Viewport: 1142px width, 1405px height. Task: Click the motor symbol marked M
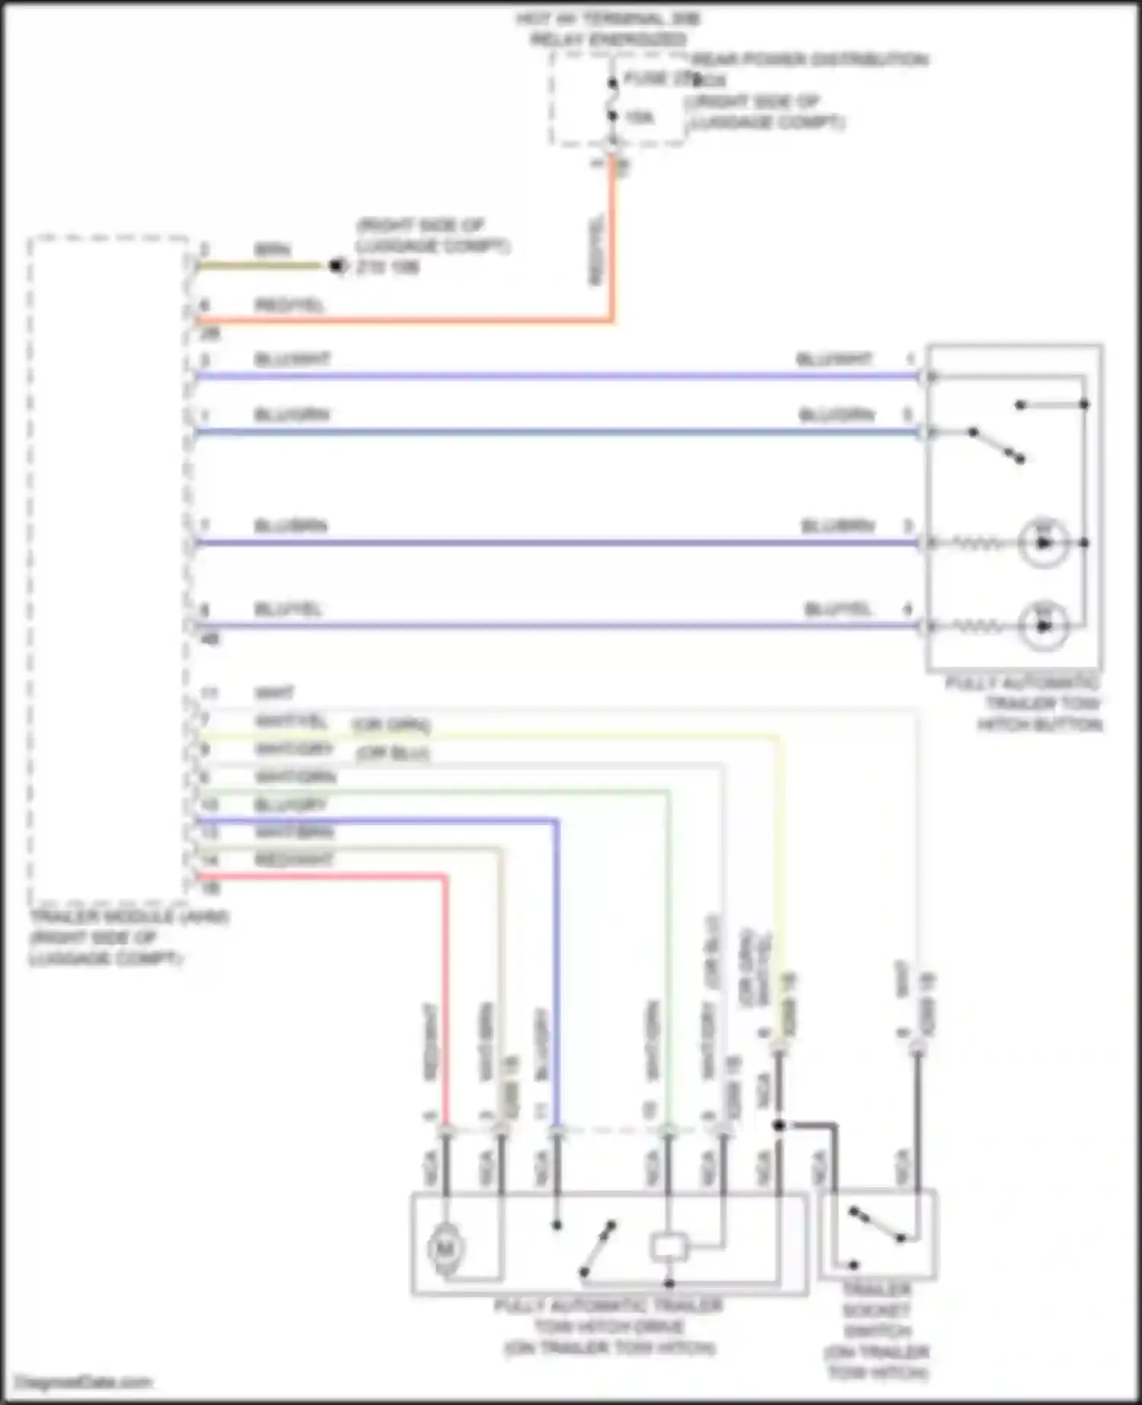(x=445, y=1248)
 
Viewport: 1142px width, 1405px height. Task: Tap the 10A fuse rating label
(x=640, y=118)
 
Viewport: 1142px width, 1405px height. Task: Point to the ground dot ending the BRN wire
(x=337, y=266)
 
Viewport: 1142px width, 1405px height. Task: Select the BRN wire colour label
(x=272, y=250)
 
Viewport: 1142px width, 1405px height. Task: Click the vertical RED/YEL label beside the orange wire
(x=596, y=251)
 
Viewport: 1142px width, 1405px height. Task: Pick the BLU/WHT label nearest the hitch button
(x=834, y=359)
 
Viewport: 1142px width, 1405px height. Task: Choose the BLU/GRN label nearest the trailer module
(x=292, y=415)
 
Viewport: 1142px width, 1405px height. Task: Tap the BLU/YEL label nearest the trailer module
(x=288, y=609)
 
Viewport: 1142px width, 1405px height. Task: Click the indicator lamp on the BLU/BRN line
(x=1043, y=543)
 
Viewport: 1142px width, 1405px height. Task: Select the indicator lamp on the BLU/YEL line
(x=1043, y=626)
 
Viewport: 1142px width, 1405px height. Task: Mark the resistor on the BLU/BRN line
(x=978, y=543)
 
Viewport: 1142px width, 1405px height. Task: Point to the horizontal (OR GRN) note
(x=391, y=725)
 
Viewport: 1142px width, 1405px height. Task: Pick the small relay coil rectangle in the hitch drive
(x=668, y=1247)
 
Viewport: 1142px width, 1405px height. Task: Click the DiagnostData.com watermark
(x=84, y=1382)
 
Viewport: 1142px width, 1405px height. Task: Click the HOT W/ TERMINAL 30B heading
(x=608, y=19)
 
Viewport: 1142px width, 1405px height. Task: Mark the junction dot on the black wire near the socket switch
(x=779, y=1124)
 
